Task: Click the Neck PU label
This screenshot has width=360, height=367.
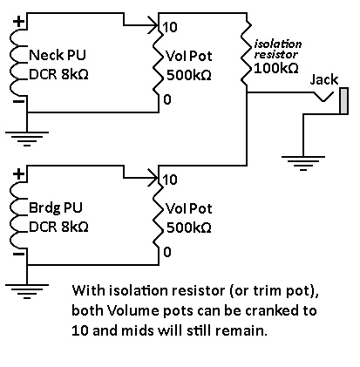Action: [x=58, y=55]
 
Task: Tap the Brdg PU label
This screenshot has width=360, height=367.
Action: [x=56, y=208]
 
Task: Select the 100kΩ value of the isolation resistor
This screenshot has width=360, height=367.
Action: [x=276, y=68]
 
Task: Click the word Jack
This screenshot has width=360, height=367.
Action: [x=324, y=79]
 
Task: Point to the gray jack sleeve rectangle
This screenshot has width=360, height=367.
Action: [x=344, y=100]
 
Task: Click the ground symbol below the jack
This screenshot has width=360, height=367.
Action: [x=303, y=163]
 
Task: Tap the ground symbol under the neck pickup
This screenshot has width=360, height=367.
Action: [x=27, y=139]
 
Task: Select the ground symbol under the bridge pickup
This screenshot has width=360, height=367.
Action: [x=27, y=291]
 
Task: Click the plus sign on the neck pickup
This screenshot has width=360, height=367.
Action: [x=19, y=22]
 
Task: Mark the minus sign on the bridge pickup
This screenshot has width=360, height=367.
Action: [x=19, y=254]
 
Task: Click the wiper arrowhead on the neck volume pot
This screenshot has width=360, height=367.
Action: [x=154, y=25]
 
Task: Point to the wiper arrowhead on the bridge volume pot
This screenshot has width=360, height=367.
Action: [x=154, y=177]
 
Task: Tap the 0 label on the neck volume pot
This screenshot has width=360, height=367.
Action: [x=167, y=99]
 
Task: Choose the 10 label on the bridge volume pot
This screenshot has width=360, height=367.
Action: [x=170, y=180]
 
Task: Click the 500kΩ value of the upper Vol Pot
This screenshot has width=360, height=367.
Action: [x=189, y=76]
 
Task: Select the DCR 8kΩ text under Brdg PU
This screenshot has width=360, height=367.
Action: [x=58, y=227]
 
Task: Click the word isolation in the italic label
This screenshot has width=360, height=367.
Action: [x=278, y=44]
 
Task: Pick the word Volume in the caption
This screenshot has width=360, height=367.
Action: [x=133, y=310]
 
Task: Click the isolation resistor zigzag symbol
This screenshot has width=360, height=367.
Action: [x=247, y=50]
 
